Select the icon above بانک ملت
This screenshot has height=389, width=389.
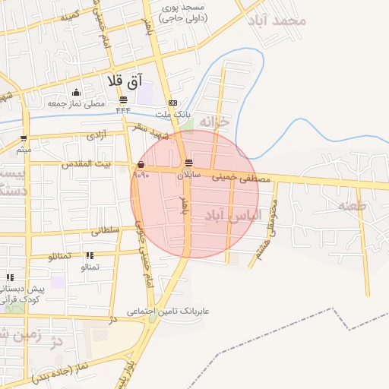(173, 103)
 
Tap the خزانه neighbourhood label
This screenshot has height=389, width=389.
(213, 122)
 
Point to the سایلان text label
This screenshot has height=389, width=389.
(189, 174)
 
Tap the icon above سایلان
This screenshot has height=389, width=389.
(188, 163)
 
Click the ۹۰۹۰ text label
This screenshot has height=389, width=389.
(141, 175)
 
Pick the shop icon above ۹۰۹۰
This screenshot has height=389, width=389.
(141, 164)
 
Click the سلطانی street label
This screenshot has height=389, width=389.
(106, 230)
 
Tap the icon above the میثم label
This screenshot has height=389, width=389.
(24, 138)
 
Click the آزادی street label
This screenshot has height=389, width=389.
(96, 136)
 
